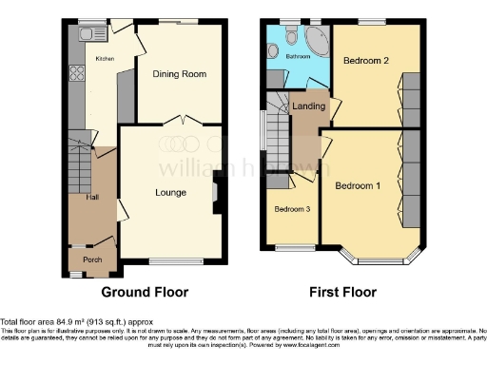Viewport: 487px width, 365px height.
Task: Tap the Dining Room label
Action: pos(181,73)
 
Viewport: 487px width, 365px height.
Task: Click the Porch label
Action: pos(92,259)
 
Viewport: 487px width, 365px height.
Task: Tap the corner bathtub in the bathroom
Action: pos(311,35)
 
